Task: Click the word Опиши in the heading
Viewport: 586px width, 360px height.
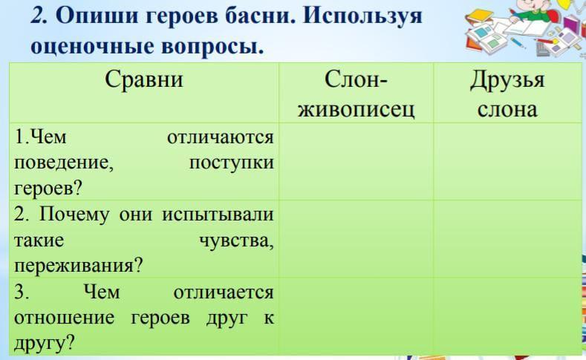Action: click(96, 17)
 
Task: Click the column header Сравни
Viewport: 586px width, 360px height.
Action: click(144, 79)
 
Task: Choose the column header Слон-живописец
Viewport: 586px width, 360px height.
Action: click(356, 94)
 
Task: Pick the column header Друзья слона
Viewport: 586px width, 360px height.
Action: click(507, 94)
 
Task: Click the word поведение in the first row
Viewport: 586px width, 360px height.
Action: click(64, 163)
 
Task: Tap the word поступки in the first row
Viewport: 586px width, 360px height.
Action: click(231, 163)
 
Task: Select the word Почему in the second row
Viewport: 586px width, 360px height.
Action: click(74, 215)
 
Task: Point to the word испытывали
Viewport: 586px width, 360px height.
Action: click(218, 215)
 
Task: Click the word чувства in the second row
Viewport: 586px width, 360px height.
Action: click(237, 241)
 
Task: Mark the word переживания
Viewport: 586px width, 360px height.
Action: click(79, 266)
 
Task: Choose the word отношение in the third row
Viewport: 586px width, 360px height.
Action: click(65, 318)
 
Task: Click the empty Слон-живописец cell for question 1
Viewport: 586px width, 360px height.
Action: click(356, 161)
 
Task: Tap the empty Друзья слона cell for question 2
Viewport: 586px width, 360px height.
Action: click(507, 238)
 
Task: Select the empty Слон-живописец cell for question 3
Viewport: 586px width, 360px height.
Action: click(356, 316)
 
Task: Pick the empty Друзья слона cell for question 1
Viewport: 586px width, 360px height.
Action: click(507, 161)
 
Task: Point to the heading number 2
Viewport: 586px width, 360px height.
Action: click(39, 16)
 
